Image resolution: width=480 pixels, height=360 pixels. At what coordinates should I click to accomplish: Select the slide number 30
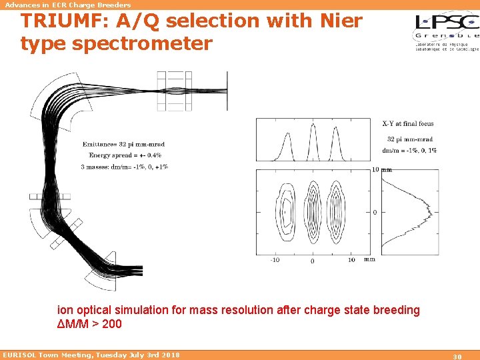(457, 356)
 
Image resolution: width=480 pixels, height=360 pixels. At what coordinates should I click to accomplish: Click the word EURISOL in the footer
(20, 355)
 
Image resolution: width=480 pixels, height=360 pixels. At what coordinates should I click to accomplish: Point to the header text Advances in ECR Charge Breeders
(68, 5)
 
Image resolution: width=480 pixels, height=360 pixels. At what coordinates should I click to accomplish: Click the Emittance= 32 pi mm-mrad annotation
(123, 144)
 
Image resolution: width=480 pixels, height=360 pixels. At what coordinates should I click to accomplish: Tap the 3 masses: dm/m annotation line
(125, 167)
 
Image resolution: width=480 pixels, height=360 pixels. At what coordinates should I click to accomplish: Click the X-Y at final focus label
(407, 123)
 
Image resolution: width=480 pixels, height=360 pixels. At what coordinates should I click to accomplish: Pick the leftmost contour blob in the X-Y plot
(287, 211)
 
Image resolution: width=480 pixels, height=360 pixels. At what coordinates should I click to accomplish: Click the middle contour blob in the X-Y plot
(312, 211)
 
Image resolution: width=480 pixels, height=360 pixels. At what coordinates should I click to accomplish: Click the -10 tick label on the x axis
(274, 260)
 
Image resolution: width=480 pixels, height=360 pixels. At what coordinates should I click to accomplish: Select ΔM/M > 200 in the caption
(90, 324)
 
